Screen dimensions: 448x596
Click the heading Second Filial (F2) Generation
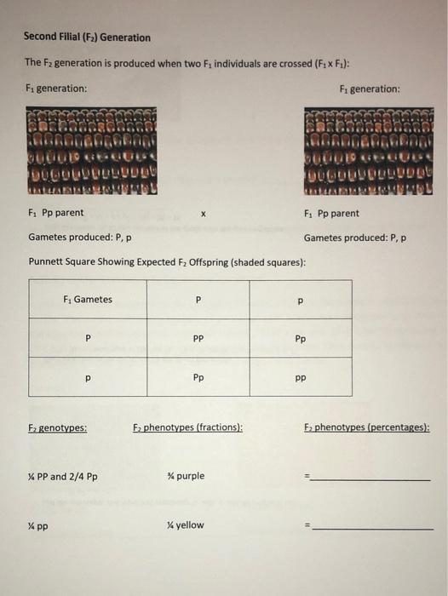pos(87,37)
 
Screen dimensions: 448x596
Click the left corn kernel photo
pos(92,152)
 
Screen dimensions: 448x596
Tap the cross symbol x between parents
pos(202,214)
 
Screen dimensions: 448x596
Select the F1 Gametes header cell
pos(88,300)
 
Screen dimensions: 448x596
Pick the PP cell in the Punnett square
pos(198,338)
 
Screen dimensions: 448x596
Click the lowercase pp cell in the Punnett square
pos(301,376)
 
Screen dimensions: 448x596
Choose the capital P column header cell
pos(198,300)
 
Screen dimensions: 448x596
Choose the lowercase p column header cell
pos(301,300)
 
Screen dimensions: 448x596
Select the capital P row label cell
pos(88,338)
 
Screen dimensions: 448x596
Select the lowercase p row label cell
pos(88,376)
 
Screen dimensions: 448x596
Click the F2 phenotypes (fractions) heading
pos(187,428)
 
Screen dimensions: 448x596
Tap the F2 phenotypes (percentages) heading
pos(366,428)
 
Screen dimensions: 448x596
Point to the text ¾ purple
pos(187,476)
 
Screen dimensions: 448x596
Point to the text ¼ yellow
pos(186,525)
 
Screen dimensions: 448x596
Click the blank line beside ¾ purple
pos(370,479)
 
